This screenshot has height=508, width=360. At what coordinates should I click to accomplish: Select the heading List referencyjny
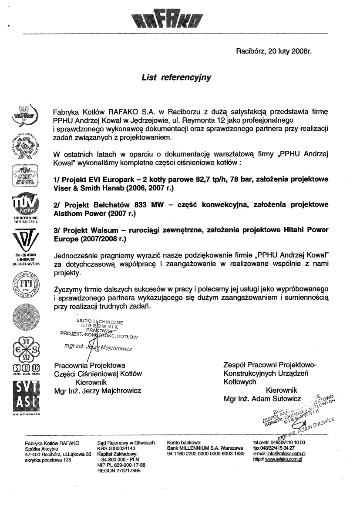pos(176,78)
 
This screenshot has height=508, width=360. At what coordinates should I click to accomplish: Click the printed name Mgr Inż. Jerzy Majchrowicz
pos(97,391)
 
